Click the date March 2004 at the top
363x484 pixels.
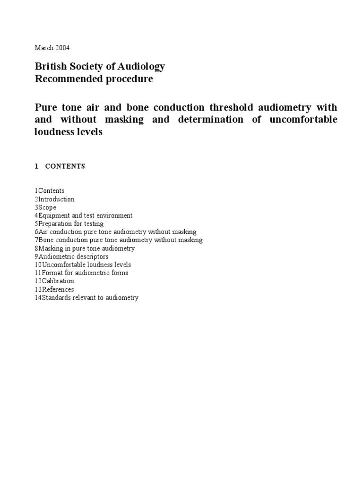click(52, 48)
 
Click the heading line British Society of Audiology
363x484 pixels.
click(100, 66)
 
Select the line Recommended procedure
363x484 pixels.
click(94, 79)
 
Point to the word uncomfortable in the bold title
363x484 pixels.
click(303, 119)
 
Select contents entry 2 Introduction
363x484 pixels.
click(54, 199)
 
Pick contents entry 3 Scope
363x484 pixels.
click(45, 207)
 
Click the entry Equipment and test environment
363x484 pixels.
click(84, 216)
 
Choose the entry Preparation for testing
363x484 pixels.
click(69, 224)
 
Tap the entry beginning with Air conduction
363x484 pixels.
click(115, 232)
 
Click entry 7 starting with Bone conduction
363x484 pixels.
click(118, 240)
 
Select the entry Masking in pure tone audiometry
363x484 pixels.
click(85, 249)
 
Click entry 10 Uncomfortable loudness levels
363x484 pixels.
click(83, 265)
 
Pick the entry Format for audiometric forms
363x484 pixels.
click(81, 273)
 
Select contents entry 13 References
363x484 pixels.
click(54, 289)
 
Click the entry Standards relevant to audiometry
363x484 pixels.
click(86, 298)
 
